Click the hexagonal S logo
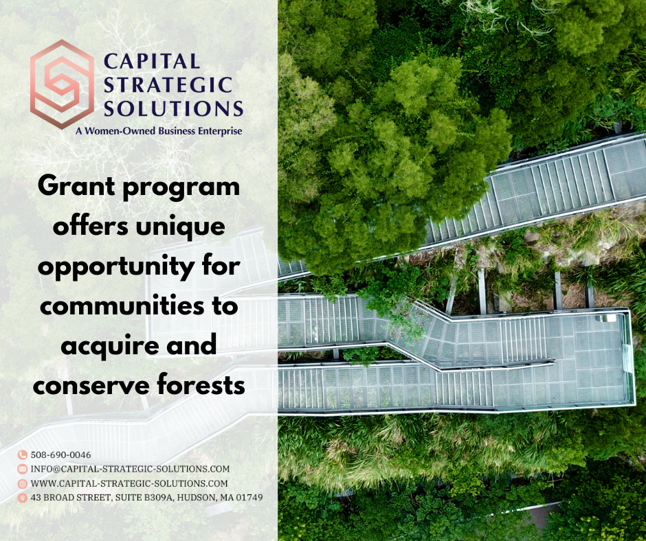[62, 84]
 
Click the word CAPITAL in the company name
[152, 62]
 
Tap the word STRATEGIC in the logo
[168, 85]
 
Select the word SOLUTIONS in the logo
[173, 108]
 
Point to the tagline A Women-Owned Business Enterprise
[159, 131]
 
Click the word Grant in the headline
[76, 185]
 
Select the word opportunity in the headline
[116, 267]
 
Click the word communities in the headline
[122, 306]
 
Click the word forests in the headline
[201, 384]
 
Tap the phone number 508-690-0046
[61, 455]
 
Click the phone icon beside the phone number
[22, 455]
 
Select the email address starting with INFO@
[130, 469]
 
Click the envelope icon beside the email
[22, 469]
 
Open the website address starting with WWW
[129, 483]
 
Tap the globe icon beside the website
[22, 483]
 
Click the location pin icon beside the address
[22, 498]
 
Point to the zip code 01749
[249, 497]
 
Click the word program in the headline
[181, 187]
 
